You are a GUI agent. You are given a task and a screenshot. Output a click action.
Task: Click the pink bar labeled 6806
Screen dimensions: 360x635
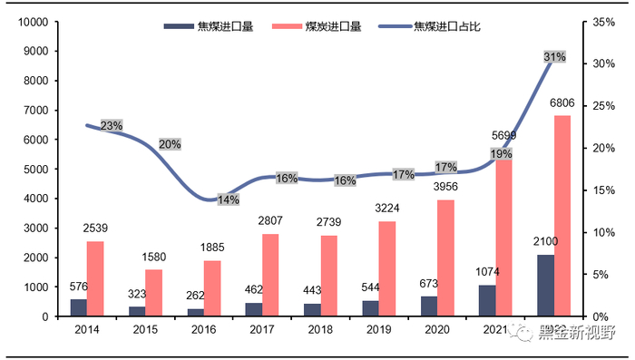coord(562,216)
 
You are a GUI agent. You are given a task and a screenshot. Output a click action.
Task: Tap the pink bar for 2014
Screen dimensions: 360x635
coord(95,278)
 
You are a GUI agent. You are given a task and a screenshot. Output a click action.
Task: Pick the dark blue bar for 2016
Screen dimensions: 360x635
coord(195,312)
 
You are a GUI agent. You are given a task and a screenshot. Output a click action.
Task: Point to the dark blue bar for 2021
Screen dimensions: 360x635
coord(487,300)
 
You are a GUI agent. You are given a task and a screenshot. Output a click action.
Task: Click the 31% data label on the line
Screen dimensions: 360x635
coord(554,57)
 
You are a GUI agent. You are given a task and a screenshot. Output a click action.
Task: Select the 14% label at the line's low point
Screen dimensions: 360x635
coord(229,199)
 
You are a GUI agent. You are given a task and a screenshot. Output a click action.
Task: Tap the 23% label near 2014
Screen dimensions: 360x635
coord(112,126)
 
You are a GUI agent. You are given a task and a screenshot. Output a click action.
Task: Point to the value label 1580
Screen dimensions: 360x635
coord(153,257)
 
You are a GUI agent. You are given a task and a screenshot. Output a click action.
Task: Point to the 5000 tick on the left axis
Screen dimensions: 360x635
coord(36,170)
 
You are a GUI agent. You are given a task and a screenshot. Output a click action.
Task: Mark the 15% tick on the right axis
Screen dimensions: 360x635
coord(603,190)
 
